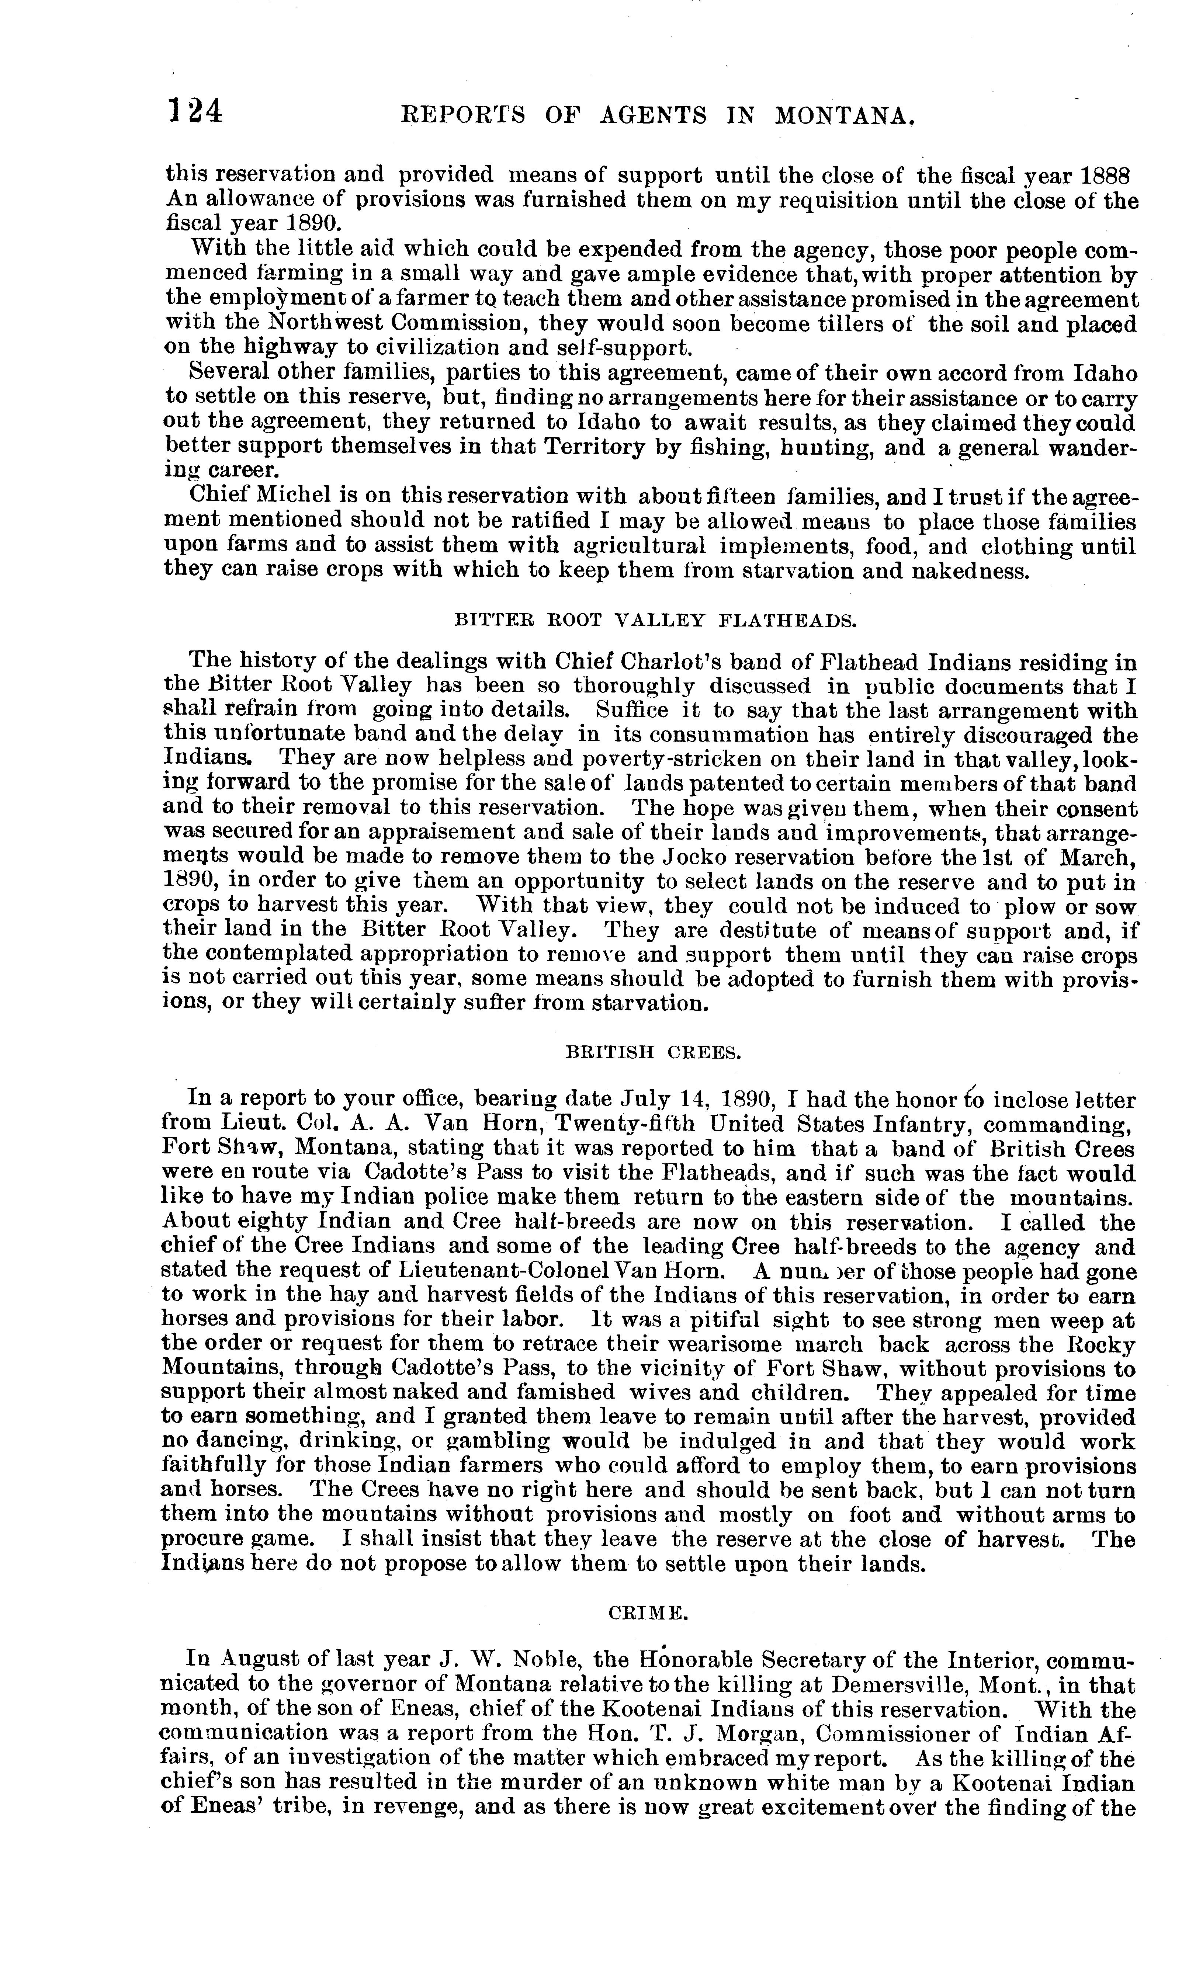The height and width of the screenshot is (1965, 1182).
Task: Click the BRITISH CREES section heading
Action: [x=653, y=1053]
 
